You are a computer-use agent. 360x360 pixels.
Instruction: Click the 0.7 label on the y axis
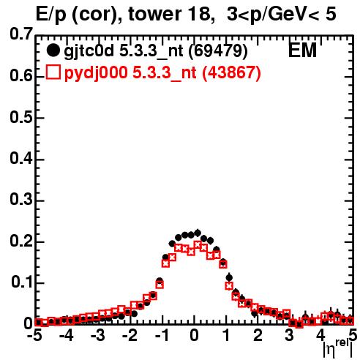pos(21,34)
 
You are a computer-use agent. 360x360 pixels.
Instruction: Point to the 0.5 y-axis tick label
pos(21,117)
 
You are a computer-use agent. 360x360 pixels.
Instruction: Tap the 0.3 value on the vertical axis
pos(21,199)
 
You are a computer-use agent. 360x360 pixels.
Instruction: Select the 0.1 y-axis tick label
pos(22,282)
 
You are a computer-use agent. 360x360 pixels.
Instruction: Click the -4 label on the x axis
pos(66,336)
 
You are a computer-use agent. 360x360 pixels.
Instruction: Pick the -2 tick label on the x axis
pos(130,336)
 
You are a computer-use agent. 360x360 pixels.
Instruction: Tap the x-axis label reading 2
pos(258,336)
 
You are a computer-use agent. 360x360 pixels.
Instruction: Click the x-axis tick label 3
pos(290,336)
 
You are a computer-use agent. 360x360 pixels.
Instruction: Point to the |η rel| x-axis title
pos(338,349)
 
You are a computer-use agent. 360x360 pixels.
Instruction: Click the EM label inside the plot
pos(302,50)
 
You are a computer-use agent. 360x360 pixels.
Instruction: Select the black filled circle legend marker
pos(53,50)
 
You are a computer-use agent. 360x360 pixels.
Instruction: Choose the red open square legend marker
pos(53,72)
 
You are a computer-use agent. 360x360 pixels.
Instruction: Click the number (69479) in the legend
pos(218,51)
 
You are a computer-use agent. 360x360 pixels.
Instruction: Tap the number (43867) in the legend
pos(231,72)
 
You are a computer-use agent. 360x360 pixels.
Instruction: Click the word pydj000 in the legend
pos(96,73)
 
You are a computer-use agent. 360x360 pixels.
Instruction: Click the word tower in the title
pos(154,14)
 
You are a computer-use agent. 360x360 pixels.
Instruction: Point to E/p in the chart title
pos(51,15)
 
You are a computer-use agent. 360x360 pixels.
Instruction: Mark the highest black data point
pos(198,233)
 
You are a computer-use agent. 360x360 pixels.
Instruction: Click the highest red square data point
pos(198,244)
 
